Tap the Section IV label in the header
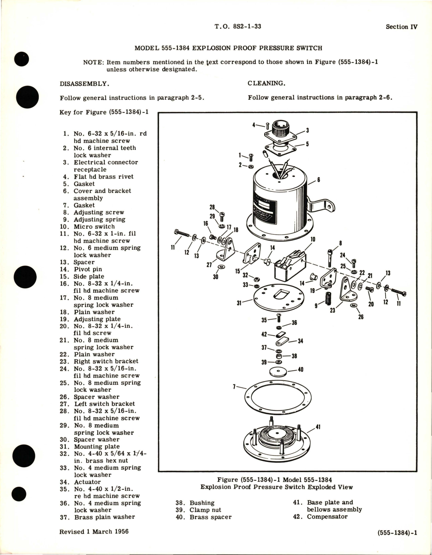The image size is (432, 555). (401, 27)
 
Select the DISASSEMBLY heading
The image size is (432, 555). (84, 84)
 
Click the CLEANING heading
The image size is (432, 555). (266, 83)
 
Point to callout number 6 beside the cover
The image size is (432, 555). (319, 180)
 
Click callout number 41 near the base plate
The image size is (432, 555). (318, 427)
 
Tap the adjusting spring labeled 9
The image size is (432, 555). (328, 298)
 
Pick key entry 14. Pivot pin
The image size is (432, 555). (87, 269)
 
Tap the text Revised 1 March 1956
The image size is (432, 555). (94, 532)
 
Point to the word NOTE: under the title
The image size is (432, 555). (94, 62)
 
